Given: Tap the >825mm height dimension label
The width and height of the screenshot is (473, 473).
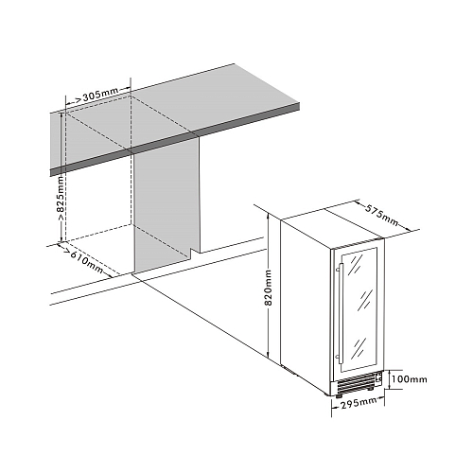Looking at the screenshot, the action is (x=60, y=198).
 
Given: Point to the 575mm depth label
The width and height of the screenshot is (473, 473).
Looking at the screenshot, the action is (x=382, y=216).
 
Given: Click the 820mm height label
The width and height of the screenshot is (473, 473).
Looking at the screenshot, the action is (x=268, y=288).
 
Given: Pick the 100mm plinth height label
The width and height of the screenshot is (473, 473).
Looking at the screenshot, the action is (x=410, y=378).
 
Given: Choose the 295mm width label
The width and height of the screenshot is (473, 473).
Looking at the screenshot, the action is (x=359, y=403).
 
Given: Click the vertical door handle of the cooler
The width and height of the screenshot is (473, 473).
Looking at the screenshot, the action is (x=340, y=312).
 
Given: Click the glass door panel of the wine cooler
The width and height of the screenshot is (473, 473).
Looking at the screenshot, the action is (x=359, y=310).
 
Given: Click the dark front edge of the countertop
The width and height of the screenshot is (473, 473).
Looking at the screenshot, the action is (x=175, y=139).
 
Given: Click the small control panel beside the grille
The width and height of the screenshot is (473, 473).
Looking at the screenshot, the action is (x=379, y=377).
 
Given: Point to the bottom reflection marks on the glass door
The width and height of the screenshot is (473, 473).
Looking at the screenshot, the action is (x=359, y=347).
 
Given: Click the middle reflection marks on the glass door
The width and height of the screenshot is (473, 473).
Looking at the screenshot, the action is (x=366, y=299).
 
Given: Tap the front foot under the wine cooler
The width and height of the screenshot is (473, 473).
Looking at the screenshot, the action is (x=340, y=395).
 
